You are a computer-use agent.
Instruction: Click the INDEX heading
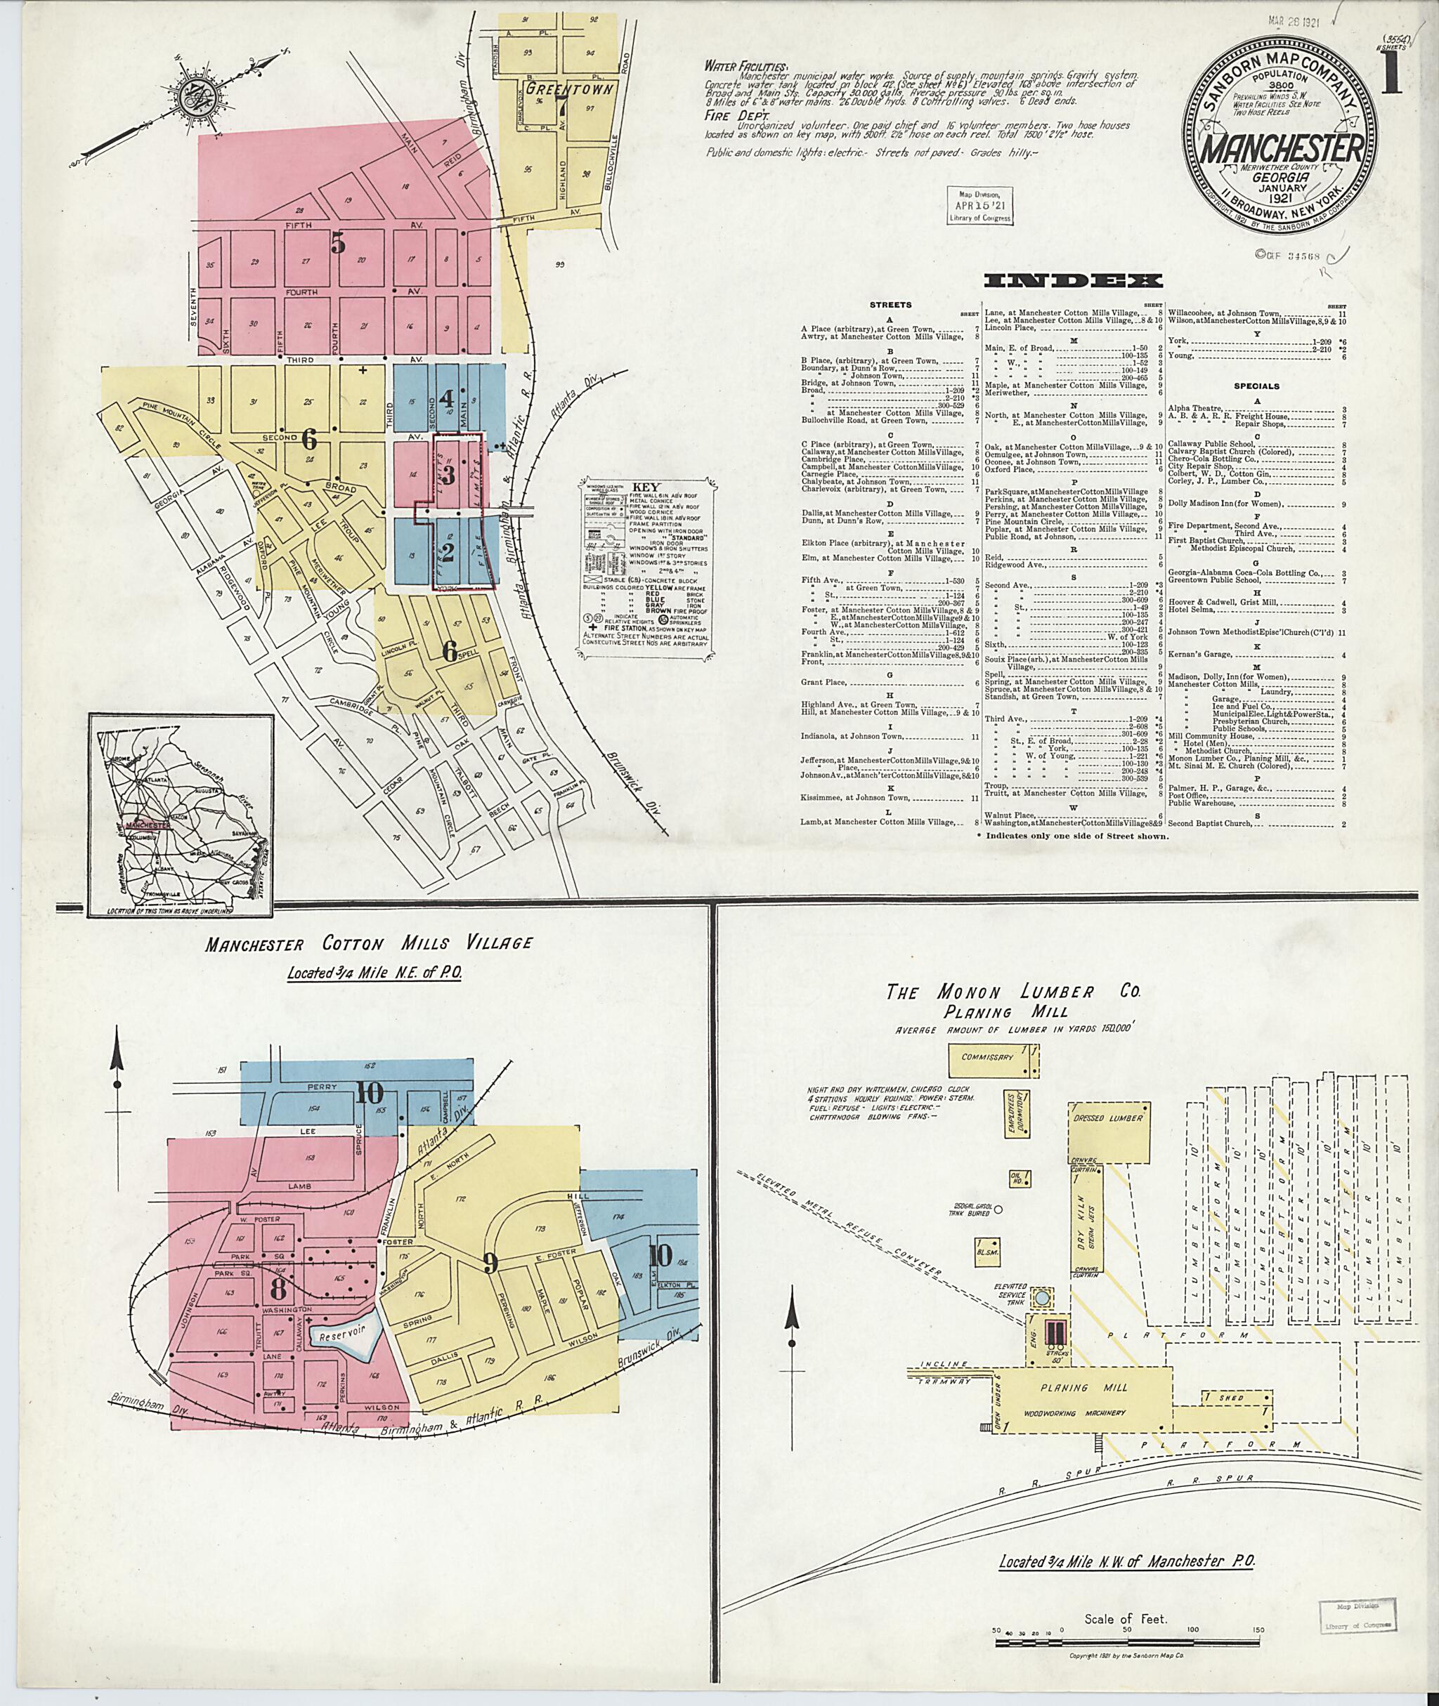[1074, 282]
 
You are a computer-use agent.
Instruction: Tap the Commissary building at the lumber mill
[987, 1058]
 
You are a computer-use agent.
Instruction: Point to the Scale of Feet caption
[1126, 1596]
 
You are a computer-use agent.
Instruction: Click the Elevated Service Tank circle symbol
[1043, 1296]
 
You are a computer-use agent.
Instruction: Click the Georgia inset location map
[181, 816]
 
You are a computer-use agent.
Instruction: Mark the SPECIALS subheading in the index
[1256, 386]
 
